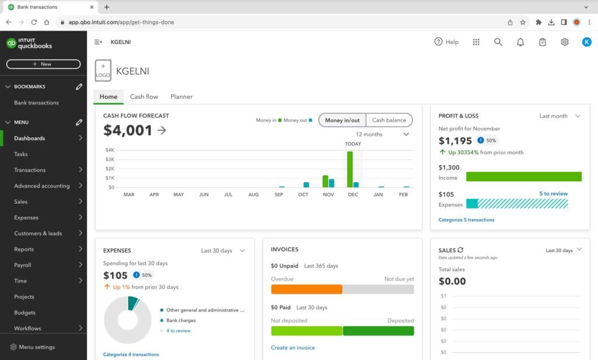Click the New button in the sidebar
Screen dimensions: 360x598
(x=43, y=64)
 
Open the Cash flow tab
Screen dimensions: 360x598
(x=144, y=96)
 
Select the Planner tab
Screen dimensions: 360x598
(x=181, y=96)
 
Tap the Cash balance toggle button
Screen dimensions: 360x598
(x=389, y=120)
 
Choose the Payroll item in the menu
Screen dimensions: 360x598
(x=23, y=265)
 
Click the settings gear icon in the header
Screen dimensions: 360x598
(x=564, y=42)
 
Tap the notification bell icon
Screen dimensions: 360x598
(x=520, y=42)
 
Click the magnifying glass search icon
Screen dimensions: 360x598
(x=498, y=42)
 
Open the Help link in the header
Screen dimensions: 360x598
(x=446, y=42)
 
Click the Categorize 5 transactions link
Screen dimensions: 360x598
(x=466, y=220)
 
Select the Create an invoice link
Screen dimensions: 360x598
(x=293, y=348)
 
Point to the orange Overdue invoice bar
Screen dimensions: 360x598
(x=307, y=289)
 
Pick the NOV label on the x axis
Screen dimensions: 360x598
(x=328, y=195)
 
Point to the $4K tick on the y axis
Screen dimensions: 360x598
(x=109, y=150)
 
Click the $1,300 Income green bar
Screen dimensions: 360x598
(x=523, y=176)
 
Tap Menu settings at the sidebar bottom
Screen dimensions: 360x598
(x=36, y=347)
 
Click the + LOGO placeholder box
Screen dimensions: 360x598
(x=103, y=71)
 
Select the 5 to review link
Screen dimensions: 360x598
(x=553, y=193)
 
